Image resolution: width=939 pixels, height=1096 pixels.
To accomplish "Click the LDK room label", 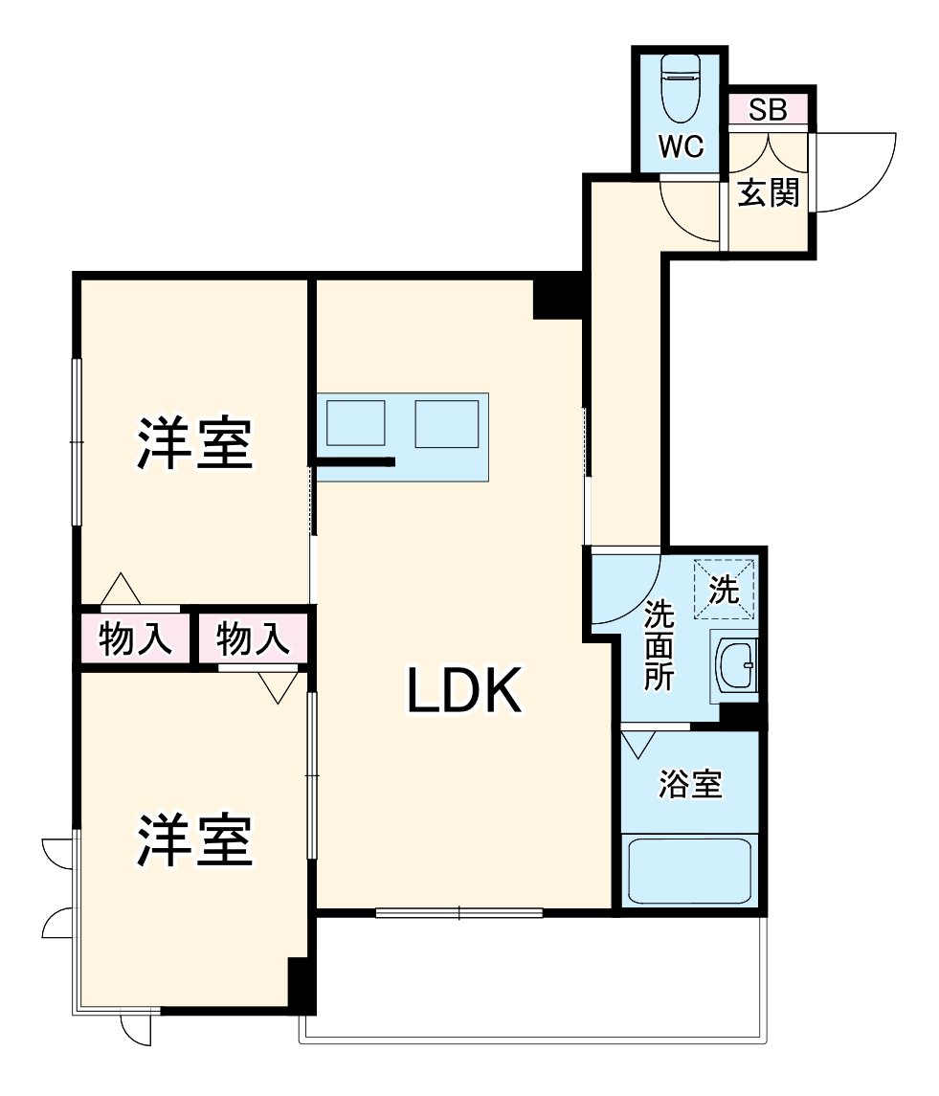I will (x=465, y=691).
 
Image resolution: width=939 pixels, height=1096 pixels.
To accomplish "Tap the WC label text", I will (x=681, y=147).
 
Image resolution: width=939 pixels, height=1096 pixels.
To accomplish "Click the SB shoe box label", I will (x=768, y=110).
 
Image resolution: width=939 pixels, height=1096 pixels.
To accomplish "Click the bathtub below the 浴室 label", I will (x=690, y=870).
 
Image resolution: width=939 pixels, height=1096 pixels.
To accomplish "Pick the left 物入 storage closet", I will (x=137, y=638).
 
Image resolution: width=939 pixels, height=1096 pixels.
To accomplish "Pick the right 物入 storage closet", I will (x=253, y=638).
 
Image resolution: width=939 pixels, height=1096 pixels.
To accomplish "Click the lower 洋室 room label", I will (x=195, y=840).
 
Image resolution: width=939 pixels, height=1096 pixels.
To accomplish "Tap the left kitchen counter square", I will (x=355, y=423).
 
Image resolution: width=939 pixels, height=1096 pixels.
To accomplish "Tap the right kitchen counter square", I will (x=446, y=423).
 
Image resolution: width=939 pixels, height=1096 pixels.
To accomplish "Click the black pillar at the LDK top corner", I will (x=557, y=297).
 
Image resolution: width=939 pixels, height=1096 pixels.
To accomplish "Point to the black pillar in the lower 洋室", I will (x=302, y=984).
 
